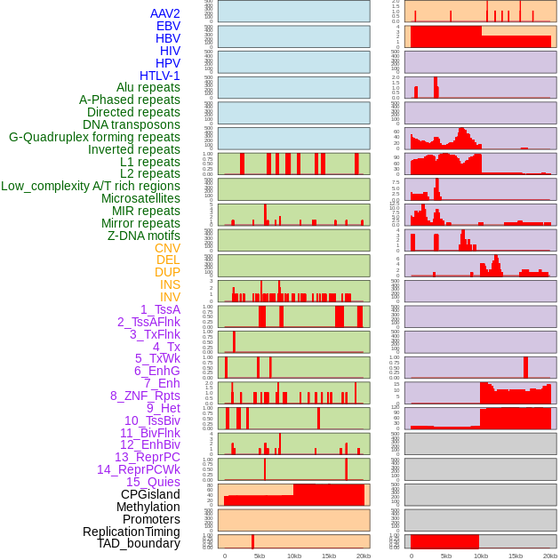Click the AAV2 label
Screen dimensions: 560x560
click(164, 13)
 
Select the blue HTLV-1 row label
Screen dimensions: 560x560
click(159, 76)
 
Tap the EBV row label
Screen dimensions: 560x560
click(168, 26)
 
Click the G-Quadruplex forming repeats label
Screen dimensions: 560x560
click(94, 137)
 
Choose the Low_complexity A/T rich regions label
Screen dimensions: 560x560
click(91, 186)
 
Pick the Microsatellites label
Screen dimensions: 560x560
click(140, 198)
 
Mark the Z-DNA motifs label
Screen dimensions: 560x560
click(144, 236)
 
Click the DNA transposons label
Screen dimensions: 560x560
click(132, 124)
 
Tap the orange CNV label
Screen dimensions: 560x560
click(167, 248)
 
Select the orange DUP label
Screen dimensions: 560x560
click(167, 272)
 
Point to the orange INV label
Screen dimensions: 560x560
click(170, 297)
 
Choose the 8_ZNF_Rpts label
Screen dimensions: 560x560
click(145, 396)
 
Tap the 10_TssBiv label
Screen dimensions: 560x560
click(152, 420)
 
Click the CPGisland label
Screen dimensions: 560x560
click(150, 494)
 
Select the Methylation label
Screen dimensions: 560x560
click(148, 507)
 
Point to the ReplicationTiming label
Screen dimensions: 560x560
click(132, 532)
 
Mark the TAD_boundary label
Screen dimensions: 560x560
click(139, 543)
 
